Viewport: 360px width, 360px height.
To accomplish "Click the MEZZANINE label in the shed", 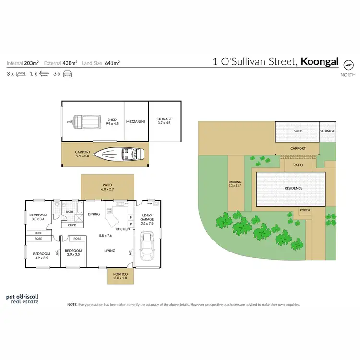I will coord(136,122).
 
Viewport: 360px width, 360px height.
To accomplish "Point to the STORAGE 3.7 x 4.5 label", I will coord(164,120).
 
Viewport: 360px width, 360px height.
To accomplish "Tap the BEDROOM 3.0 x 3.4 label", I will coord(37,216).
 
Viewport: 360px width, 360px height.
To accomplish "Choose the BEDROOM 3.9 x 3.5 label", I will coord(41,255).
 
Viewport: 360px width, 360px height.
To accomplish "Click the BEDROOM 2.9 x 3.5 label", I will coord(73,252).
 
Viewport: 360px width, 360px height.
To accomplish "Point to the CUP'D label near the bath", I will coord(73,225).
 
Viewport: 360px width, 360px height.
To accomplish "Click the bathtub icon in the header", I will coord(44,74).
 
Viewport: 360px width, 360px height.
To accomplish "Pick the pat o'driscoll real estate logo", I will coord(23,299).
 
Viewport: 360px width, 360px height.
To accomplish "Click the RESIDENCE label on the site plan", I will coord(294,188).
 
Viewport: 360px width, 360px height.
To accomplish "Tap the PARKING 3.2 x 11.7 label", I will coord(235,184).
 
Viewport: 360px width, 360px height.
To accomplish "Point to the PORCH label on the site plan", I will coord(305,210).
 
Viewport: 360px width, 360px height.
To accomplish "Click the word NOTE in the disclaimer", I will coord(72,304).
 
